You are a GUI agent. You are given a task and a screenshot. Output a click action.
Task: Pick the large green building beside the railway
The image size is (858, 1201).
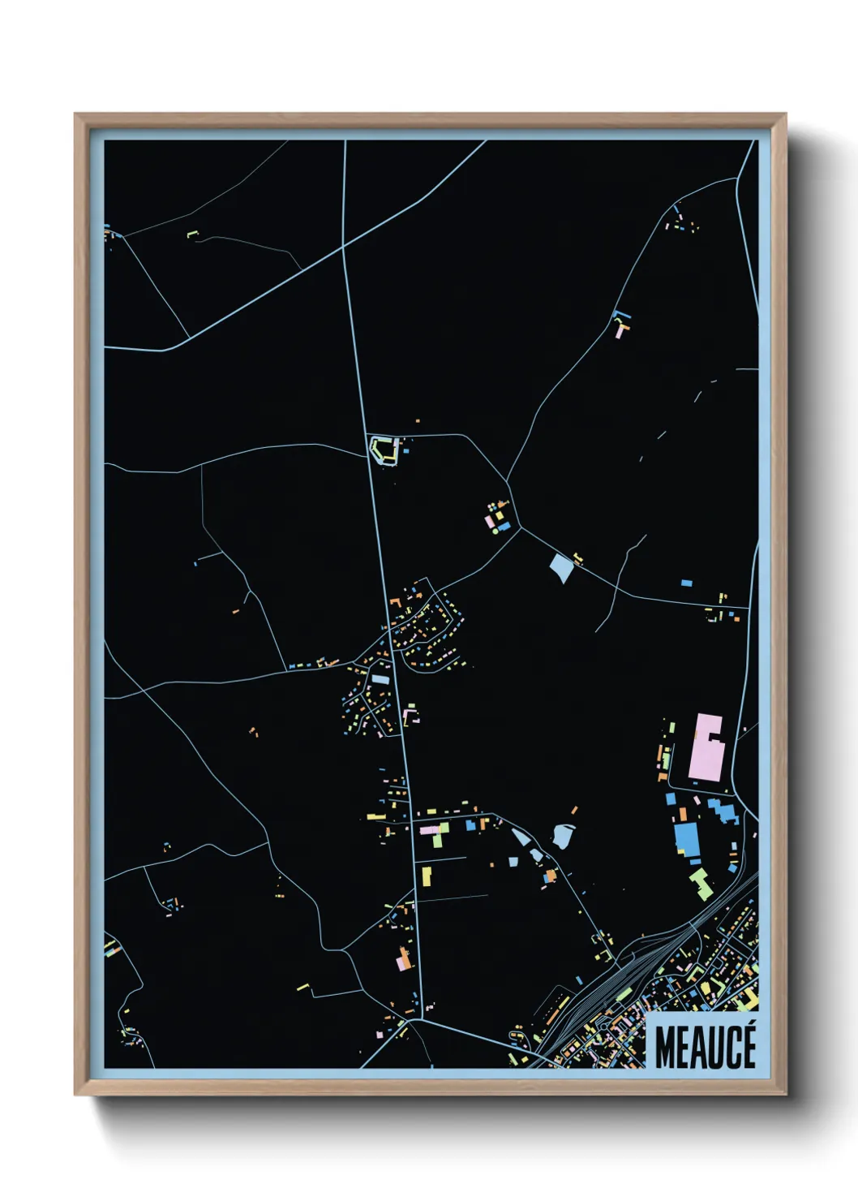pyautogui.click(x=701, y=884)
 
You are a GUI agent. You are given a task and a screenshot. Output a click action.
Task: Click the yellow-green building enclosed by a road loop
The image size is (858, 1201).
pyautogui.click(x=383, y=450)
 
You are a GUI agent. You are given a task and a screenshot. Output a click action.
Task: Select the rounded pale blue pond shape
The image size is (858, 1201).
pyautogui.click(x=562, y=835)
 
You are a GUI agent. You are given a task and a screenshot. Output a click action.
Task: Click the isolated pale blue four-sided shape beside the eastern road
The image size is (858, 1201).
pyautogui.click(x=561, y=566)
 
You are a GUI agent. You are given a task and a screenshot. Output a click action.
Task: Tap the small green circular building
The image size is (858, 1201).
pyautogui.click(x=495, y=532)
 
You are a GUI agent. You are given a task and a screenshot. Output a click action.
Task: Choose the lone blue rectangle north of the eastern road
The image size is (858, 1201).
pyautogui.click(x=686, y=583)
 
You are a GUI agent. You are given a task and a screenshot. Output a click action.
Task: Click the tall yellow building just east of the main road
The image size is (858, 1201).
pyautogui.click(x=426, y=876)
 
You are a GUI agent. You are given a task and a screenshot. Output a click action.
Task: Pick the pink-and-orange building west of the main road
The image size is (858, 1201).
pyautogui.click(x=403, y=961)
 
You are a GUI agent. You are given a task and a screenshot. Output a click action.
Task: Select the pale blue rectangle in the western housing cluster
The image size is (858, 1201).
pyautogui.click(x=380, y=680)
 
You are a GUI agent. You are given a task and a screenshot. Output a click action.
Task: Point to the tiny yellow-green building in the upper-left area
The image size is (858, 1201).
pyautogui.click(x=192, y=235)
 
